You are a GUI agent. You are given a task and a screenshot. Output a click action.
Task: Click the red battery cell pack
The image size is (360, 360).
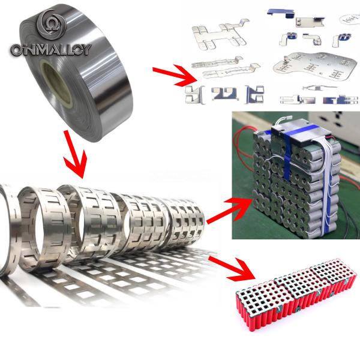click(294, 303)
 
